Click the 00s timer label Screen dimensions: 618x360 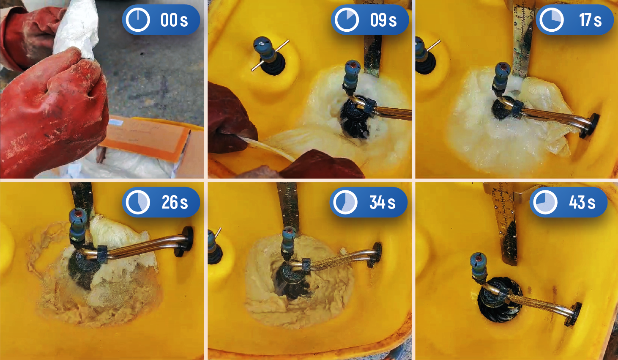tap(174, 20)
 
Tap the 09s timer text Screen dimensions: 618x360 tap(383, 20)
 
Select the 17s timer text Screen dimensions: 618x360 tap(590, 20)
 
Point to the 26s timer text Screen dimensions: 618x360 tap(175, 202)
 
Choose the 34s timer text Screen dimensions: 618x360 tap(383, 202)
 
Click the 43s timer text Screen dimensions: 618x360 tap(582, 202)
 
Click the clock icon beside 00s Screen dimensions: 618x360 tap(138, 20)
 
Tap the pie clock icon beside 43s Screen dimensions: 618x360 tap(545, 202)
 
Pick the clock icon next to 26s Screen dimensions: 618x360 tap(138, 202)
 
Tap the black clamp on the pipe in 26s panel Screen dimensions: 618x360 tap(102, 253)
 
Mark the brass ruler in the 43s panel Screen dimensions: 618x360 tap(504, 224)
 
